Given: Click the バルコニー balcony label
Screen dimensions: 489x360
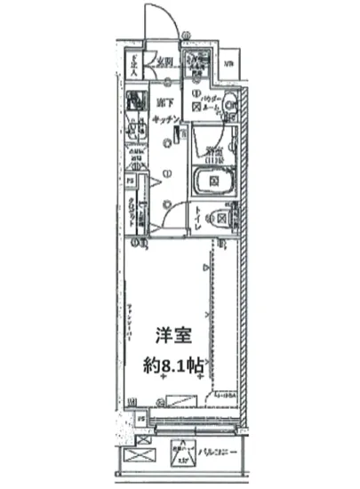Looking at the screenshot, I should (x=219, y=451).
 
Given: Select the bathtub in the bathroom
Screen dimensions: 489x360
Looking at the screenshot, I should (x=212, y=182).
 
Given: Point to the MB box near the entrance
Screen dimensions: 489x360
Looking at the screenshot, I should (x=228, y=63).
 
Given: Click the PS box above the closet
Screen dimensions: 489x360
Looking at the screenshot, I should (x=130, y=181).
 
